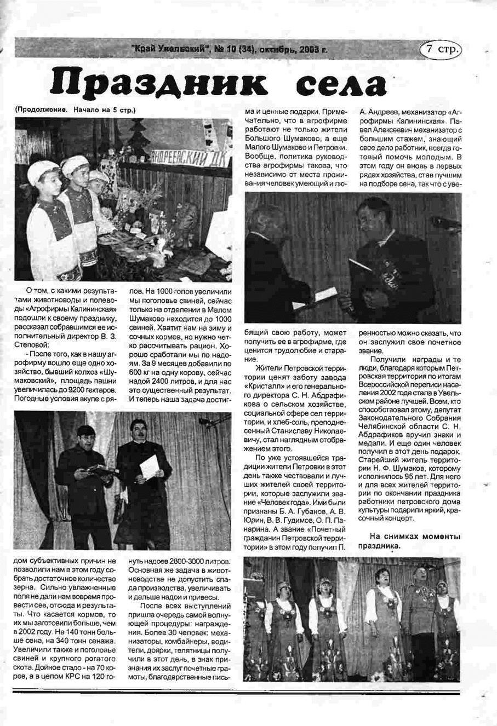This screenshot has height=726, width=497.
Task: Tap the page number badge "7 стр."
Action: (x=441, y=49)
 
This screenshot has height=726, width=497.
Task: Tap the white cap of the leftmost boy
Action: (x=42, y=171)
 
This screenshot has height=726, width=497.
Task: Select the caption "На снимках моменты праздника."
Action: (x=409, y=541)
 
